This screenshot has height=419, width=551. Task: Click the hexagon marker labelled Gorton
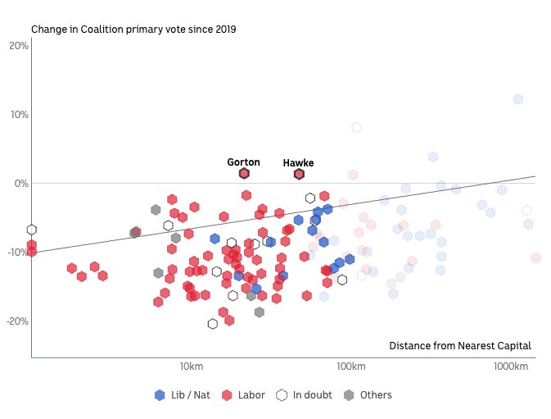[x=244, y=174]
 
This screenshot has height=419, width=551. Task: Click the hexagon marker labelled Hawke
[x=299, y=174]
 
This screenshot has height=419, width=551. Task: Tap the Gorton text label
[x=243, y=162]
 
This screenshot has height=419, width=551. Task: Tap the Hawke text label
[x=298, y=163]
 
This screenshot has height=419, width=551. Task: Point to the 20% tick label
[x=19, y=46]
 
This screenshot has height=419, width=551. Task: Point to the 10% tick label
[x=19, y=115]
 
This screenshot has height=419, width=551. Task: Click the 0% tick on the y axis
[x=20, y=184]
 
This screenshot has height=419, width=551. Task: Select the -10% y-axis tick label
[x=17, y=253]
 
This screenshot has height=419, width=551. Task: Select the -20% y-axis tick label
[x=17, y=321]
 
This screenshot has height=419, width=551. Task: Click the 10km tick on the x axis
[x=191, y=365]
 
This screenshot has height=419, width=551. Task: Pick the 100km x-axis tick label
[x=350, y=365]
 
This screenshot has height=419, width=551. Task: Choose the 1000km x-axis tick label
[x=511, y=365]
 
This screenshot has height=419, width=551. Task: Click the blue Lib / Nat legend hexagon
[x=160, y=395]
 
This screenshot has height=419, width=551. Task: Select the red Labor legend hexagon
[x=228, y=395]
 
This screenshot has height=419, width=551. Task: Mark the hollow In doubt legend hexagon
[x=282, y=395]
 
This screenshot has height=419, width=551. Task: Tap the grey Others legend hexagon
[x=350, y=395]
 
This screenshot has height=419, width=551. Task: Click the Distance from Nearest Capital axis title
[x=459, y=346]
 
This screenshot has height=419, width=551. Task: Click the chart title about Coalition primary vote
[x=133, y=30]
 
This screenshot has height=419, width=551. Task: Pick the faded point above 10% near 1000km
[x=518, y=99]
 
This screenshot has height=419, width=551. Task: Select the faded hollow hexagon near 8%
[x=356, y=127]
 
